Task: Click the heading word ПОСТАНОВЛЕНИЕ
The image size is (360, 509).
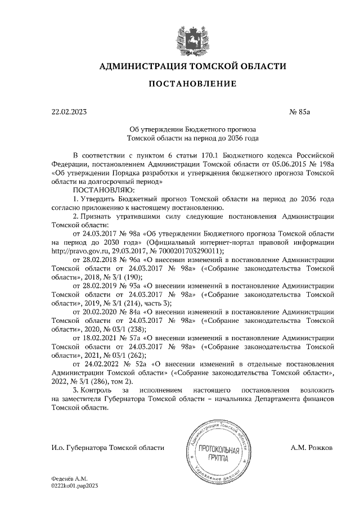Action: point(192,84)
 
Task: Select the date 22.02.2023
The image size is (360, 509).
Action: point(69,112)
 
